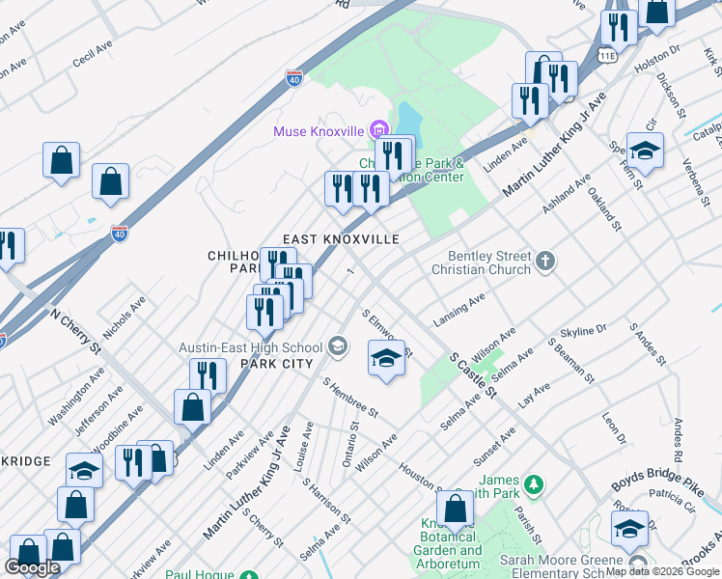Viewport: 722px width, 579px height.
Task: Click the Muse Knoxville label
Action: tap(318, 131)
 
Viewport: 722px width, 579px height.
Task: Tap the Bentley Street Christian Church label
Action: tap(488, 262)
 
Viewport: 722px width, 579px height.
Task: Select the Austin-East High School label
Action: tap(251, 347)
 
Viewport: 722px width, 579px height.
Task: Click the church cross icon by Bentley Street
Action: tap(545, 261)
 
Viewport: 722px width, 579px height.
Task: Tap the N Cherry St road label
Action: tap(76, 331)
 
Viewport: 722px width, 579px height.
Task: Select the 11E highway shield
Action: tap(606, 56)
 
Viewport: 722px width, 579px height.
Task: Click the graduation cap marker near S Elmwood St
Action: tap(386, 359)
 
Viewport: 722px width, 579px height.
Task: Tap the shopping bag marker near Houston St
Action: tap(455, 510)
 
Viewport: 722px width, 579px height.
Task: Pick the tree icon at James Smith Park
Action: tap(534, 481)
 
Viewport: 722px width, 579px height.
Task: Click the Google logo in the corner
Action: tap(33, 567)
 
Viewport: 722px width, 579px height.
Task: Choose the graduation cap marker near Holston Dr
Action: tap(645, 151)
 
